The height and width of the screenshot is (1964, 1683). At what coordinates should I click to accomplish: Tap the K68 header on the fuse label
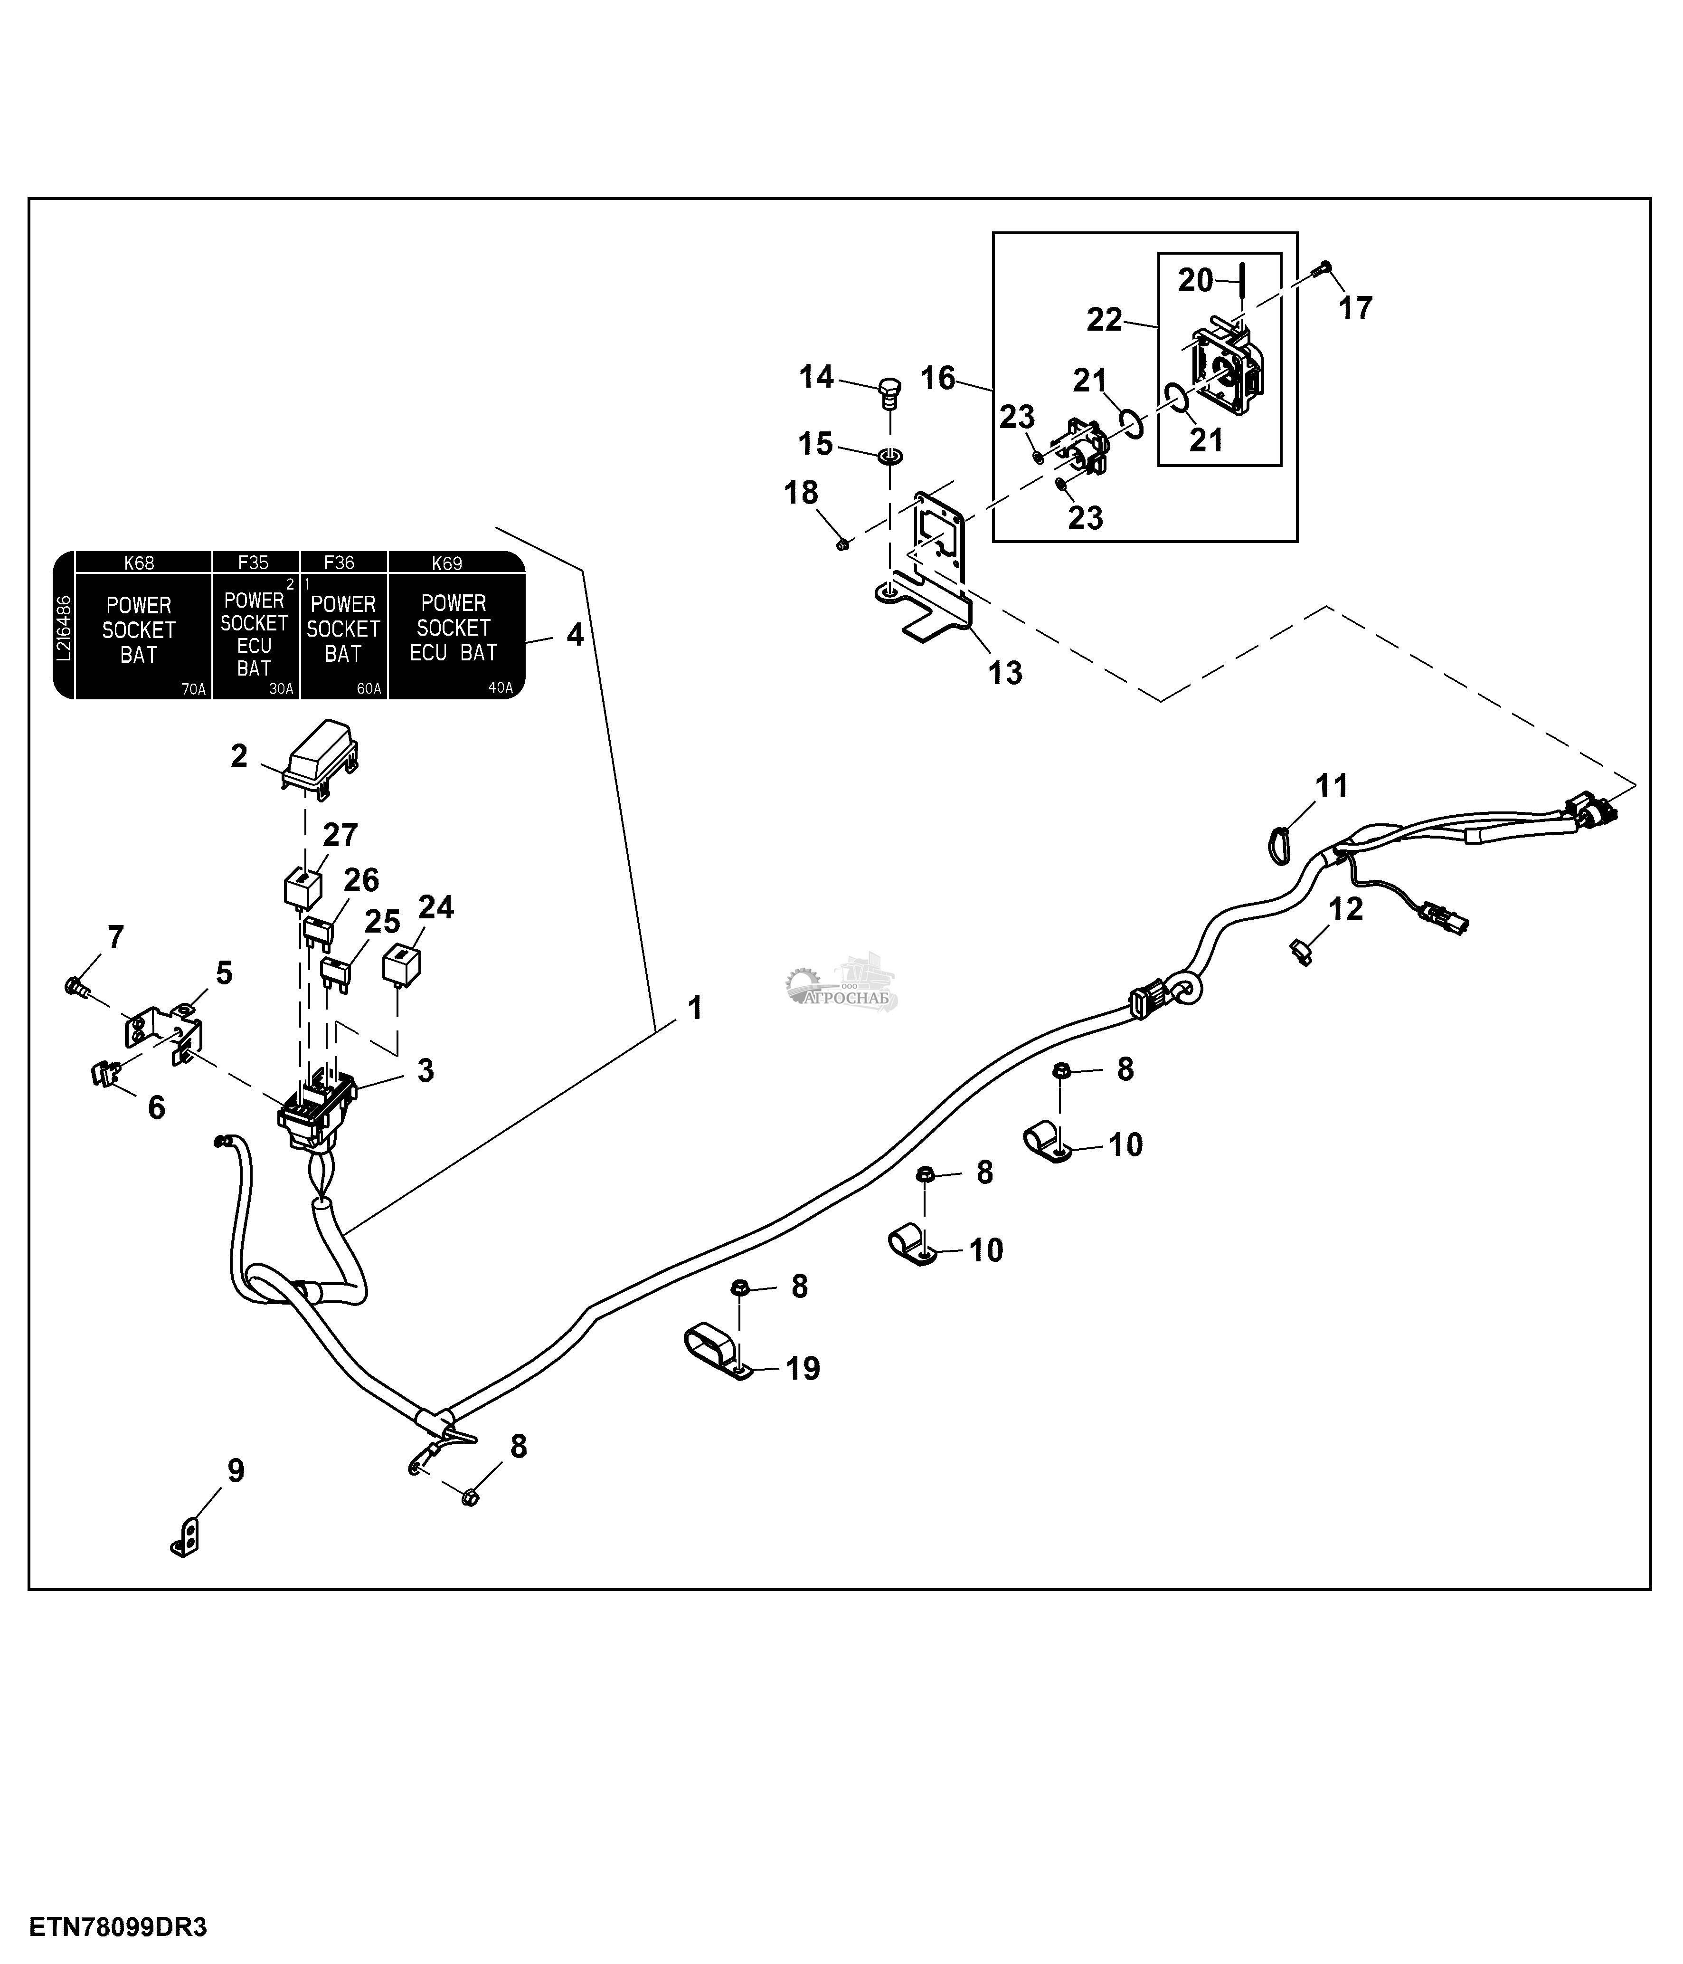click(x=139, y=563)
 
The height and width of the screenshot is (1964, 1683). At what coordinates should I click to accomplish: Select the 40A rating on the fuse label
click(x=500, y=688)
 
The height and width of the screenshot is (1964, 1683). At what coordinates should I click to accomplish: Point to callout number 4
click(x=574, y=635)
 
